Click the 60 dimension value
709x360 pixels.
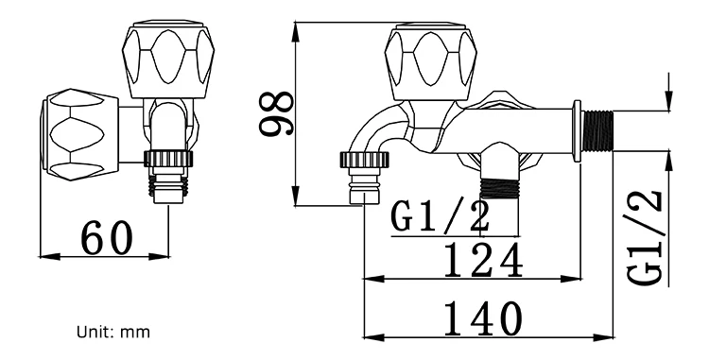(106, 238)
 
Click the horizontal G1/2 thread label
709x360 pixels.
(441, 216)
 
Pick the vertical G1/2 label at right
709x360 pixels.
(646, 236)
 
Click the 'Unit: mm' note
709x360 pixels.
(112, 333)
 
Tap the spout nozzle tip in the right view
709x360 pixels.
(363, 194)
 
